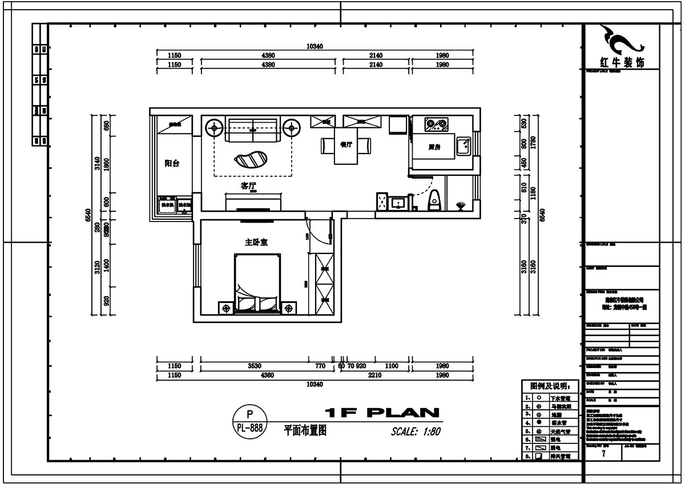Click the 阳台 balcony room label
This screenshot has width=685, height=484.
(172, 163)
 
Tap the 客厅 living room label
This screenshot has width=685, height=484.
(248, 185)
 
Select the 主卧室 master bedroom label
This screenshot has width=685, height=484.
(256, 243)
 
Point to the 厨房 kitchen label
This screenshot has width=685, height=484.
(434, 147)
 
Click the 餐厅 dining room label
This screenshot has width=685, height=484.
(345, 145)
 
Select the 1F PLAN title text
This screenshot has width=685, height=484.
(382, 413)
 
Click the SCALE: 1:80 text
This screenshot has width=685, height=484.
(416, 431)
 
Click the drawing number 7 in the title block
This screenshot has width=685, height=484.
(603, 454)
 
